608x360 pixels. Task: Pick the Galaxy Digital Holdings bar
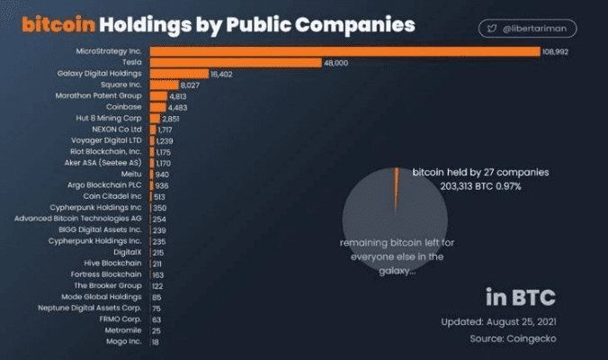coord(178,73)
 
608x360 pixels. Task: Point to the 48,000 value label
coord(335,62)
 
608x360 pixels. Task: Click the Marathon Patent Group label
coord(99,95)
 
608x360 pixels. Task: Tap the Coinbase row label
coord(122,106)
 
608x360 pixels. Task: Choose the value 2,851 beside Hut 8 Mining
coord(171,118)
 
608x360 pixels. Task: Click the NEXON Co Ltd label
coord(117,129)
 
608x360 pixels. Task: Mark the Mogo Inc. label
coord(122,342)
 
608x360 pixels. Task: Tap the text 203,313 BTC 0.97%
coord(466,185)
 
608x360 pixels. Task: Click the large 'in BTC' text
coord(520,296)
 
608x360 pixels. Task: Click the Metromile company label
coord(122,331)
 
